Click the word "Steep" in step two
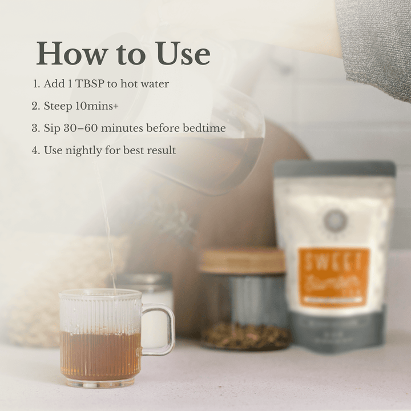coord(58,106)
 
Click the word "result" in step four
coord(162,151)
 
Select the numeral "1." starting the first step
coord(37,84)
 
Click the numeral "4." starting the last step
coord(36,151)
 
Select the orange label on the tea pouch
coord(334,277)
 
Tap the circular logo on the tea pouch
coord(335,220)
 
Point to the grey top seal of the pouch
coord(335,168)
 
